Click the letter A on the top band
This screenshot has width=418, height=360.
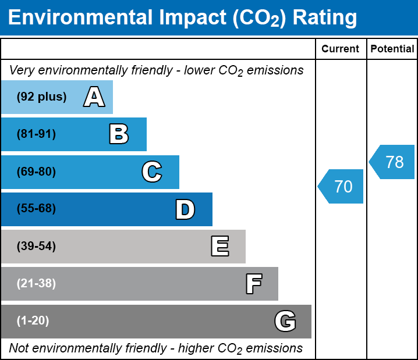click(x=94, y=97)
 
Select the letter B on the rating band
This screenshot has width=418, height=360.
click(x=119, y=134)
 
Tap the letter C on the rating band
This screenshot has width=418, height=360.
click(x=151, y=172)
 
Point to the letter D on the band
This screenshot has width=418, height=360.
click(x=185, y=209)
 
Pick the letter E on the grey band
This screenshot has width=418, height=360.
click(x=219, y=247)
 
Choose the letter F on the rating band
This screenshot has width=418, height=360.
click(x=253, y=284)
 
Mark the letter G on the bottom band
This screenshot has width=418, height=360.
click(x=285, y=321)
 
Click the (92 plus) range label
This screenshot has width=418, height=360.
click(x=41, y=97)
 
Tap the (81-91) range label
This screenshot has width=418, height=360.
click(x=36, y=134)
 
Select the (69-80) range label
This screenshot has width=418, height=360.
click(x=36, y=172)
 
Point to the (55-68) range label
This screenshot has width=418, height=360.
click(x=36, y=209)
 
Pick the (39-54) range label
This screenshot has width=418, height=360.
click(x=36, y=247)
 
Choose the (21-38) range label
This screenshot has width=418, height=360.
click(x=36, y=284)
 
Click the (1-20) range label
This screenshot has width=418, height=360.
click(x=33, y=321)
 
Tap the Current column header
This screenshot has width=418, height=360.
click(x=341, y=49)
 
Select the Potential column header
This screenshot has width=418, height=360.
click(x=392, y=49)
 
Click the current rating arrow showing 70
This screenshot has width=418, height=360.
click(x=342, y=187)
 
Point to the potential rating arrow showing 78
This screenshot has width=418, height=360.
click(x=393, y=162)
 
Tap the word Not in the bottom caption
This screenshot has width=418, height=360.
click(x=19, y=348)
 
